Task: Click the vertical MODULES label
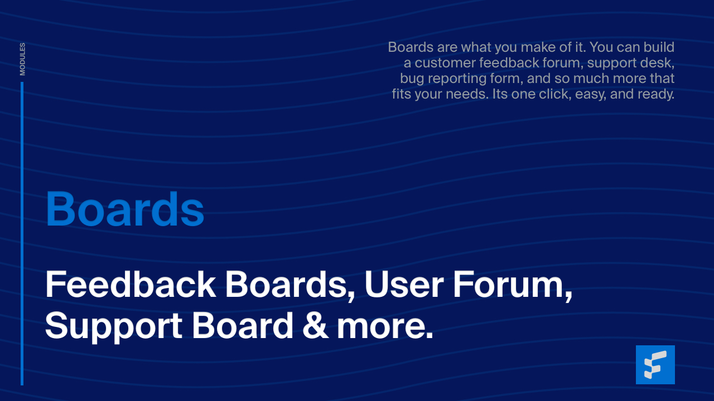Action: point(22,59)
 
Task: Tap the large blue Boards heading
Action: point(125,209)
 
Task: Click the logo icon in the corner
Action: point(655,365)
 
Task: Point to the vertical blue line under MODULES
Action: point(22,234)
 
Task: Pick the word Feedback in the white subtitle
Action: point(131,285)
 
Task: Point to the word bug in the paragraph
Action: point(412,79)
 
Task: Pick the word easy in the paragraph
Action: point(590,94)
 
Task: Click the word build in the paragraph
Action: point(659,47)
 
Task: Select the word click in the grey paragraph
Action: point(558,94)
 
